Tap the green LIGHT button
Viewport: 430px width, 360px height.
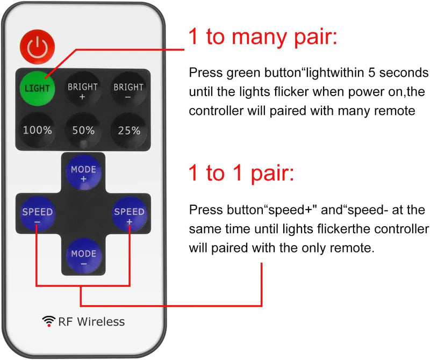(x=37, y=87)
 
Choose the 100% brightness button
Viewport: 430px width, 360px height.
(x=37, y=130)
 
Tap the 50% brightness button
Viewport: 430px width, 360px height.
(x=82, y=130)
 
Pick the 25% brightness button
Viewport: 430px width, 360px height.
(x=128, y=130)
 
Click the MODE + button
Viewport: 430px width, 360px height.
(x=83, y=174)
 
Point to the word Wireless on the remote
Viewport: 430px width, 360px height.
(x=100, y=321)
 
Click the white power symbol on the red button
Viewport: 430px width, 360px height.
(x=37, y=47)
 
